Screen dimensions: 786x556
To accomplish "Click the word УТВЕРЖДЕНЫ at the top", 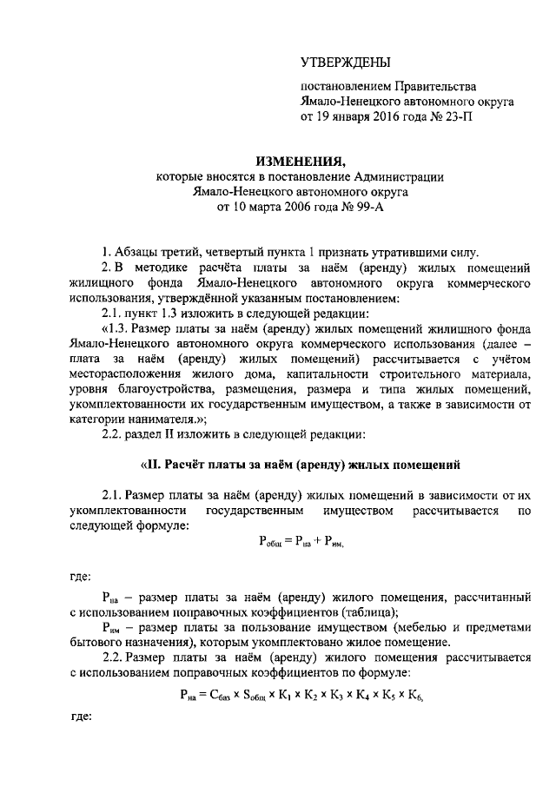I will coord(345,63).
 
